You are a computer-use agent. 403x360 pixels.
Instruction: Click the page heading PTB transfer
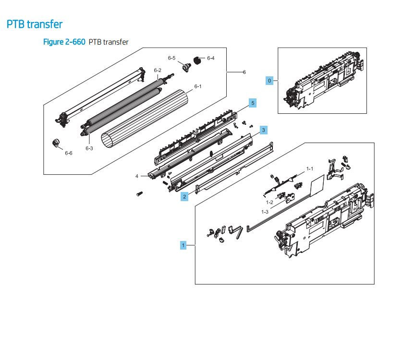point(35,24)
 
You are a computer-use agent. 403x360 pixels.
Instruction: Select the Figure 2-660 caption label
point(64,42)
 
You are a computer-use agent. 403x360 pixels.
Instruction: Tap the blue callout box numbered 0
point(269,81)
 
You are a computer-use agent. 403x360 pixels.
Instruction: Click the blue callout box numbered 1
point(183,245)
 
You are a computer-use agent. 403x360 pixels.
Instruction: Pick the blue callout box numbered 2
point(183,196)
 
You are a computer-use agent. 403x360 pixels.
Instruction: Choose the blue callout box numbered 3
point(263,130)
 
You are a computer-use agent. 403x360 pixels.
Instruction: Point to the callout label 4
point(137,176)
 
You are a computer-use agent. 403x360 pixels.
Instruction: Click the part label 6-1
point(198,86)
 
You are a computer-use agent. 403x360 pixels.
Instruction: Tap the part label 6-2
point(158,71)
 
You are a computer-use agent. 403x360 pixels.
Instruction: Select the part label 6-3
point(89,148)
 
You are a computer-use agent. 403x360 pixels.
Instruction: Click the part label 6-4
point(211,58)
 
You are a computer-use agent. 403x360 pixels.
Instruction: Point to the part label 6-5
point(171,58)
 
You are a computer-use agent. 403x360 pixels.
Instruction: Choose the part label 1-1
point(310,169)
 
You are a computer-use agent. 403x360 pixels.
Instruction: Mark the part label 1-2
point(270,202)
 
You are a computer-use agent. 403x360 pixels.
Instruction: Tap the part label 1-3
point(265,212)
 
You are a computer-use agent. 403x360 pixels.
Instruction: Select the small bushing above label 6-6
point(56,143)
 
